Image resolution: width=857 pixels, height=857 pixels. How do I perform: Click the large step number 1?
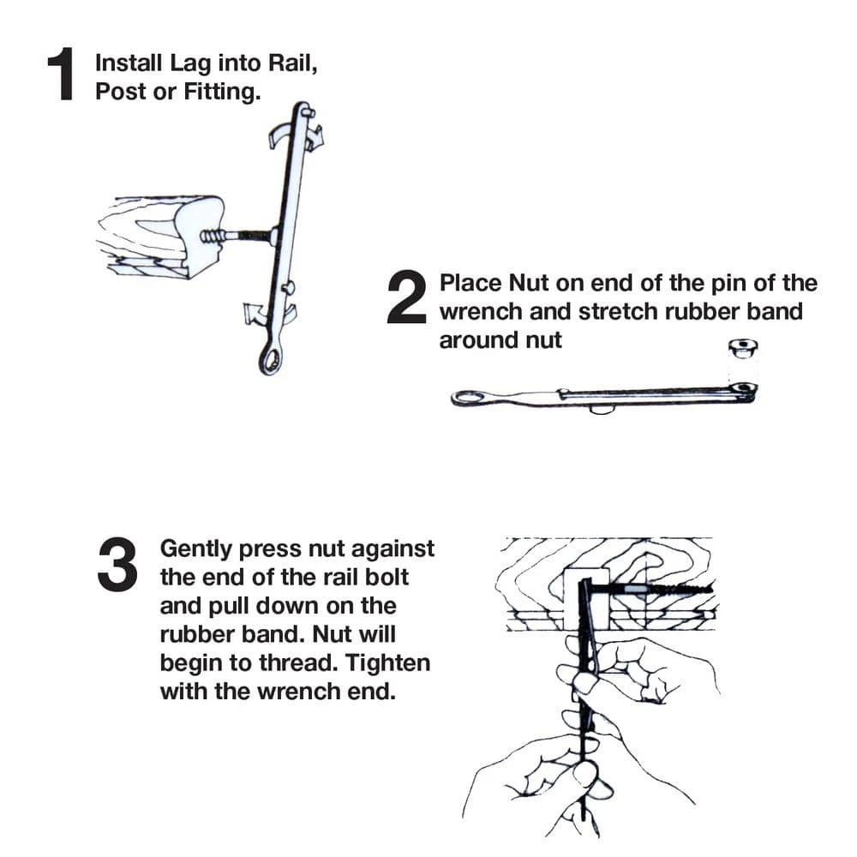[61, 74]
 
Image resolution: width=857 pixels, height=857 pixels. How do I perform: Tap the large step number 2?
[406, 297]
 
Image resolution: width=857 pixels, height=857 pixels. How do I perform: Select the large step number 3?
[117, 565]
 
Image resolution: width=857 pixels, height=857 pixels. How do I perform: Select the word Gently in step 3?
[196, 549]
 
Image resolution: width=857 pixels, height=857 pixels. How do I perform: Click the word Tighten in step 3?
[388, 663]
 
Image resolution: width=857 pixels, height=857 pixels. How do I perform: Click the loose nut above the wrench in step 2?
[743, 348]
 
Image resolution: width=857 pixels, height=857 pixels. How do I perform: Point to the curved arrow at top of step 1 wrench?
[297, 135]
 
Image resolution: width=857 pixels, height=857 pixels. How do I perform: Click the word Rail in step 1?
[292, 63]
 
